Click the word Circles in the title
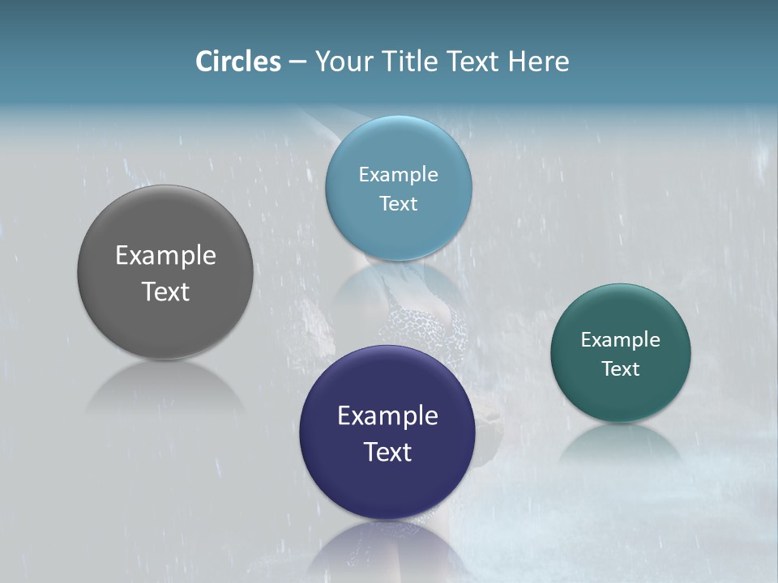pyautogui.click(x=238, y=62)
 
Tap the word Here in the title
pyautogui.click(x=538, y=62)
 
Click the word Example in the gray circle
pyautogui.click(x=165, y=256)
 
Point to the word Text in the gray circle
pyautogui.click(x=165, y=291)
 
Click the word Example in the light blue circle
pyautogui.click(x=398, y=175)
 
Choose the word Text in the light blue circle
pyautogui.click(x=398, y=203)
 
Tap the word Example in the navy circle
pyautogui.click(x=387, y=416)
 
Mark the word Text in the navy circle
pyautogui.click(x=387, y=452)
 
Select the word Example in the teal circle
pyautogui.click(x=621, y=340)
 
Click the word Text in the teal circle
pyautogui.click(x=621, y=369)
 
